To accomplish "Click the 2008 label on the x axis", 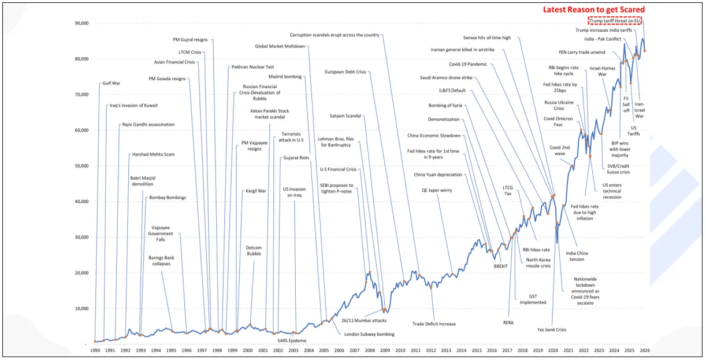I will pos(369,350).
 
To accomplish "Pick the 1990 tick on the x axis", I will pos(95,350).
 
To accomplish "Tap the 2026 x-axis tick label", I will pos(644,350).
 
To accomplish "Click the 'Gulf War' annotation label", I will pos(111,83).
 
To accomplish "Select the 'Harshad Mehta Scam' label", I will pos(153,155).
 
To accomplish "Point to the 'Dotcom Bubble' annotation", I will pos(254,251).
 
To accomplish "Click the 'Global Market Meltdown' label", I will pos(280,46).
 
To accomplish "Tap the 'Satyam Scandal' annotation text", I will pos(345,116).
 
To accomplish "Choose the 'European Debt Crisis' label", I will pos(345,72).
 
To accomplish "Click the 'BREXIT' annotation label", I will pos(500,266).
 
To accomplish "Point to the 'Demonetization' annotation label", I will pos(444,120).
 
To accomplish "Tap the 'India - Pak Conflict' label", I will pos(603,39).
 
